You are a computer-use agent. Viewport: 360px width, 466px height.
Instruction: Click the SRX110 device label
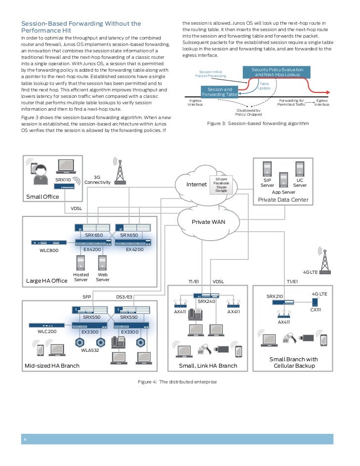pos(63,180)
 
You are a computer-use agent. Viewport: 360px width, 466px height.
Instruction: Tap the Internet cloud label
pos(196,184)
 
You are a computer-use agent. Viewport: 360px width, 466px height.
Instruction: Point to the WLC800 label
pos(49,251)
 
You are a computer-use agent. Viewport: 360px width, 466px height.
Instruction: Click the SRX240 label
pos(206,300)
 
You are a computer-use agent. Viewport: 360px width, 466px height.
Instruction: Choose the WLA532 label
pos(91,350)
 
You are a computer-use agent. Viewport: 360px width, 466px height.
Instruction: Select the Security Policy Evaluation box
pos(277,72)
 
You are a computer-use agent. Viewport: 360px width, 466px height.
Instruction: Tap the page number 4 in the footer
pos(25,440)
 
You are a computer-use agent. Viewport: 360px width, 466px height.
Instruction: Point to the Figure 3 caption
pos(258,123)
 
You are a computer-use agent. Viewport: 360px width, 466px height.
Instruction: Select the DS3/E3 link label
pos(124,297)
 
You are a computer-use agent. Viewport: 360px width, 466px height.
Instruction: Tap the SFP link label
pos(87,297)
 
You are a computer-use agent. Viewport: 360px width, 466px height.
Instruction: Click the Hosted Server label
pos(81,277)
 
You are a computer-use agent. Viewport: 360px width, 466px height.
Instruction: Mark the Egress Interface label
pos(322,102)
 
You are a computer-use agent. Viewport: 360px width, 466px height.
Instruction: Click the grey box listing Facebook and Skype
pos(221,184)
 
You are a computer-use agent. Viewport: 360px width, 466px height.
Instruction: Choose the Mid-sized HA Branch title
pos(52,366)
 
